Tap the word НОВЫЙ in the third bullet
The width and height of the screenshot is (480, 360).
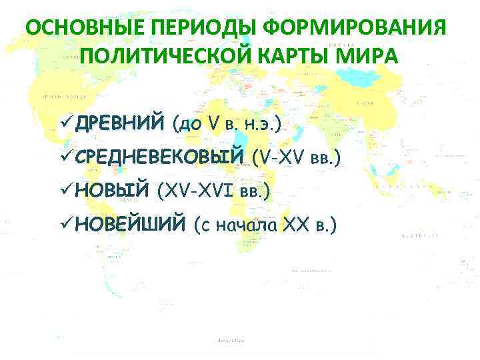click(x=111, y=192)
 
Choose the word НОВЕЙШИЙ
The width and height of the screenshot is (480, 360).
click(x=130, y=226)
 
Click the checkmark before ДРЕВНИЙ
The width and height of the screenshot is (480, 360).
click(x=66, y=123)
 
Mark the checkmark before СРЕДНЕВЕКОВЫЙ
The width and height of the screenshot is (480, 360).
click(x=66, y=158)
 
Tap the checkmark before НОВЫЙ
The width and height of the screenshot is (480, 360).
click(x=66, y=192)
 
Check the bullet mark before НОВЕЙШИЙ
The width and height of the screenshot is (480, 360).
click(x=66, y=226)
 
